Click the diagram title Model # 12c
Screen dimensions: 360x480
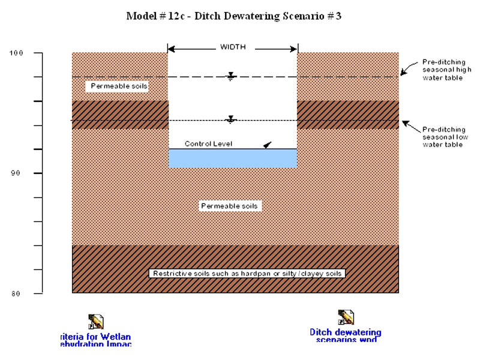point(233,16)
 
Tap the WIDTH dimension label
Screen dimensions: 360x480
point(232,47)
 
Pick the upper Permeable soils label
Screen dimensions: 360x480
point(119,86)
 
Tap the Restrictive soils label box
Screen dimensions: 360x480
point(247,274)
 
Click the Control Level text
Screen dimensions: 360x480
point(208,144)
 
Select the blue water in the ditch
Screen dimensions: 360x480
point(232,158)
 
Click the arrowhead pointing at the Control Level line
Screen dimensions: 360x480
point(267,145)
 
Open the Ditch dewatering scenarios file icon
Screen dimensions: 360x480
point(346,317)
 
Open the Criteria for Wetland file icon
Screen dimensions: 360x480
point(95,322)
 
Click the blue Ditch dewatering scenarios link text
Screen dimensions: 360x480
point(346,335)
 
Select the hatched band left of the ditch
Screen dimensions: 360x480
point(120,115)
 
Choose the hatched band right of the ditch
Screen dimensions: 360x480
point(348,115)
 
